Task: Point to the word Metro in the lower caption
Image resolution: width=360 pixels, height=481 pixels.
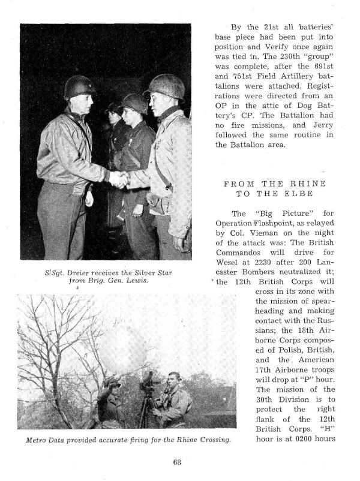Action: coord(37,441)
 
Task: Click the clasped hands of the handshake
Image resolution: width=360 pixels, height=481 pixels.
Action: coord(118,179)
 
